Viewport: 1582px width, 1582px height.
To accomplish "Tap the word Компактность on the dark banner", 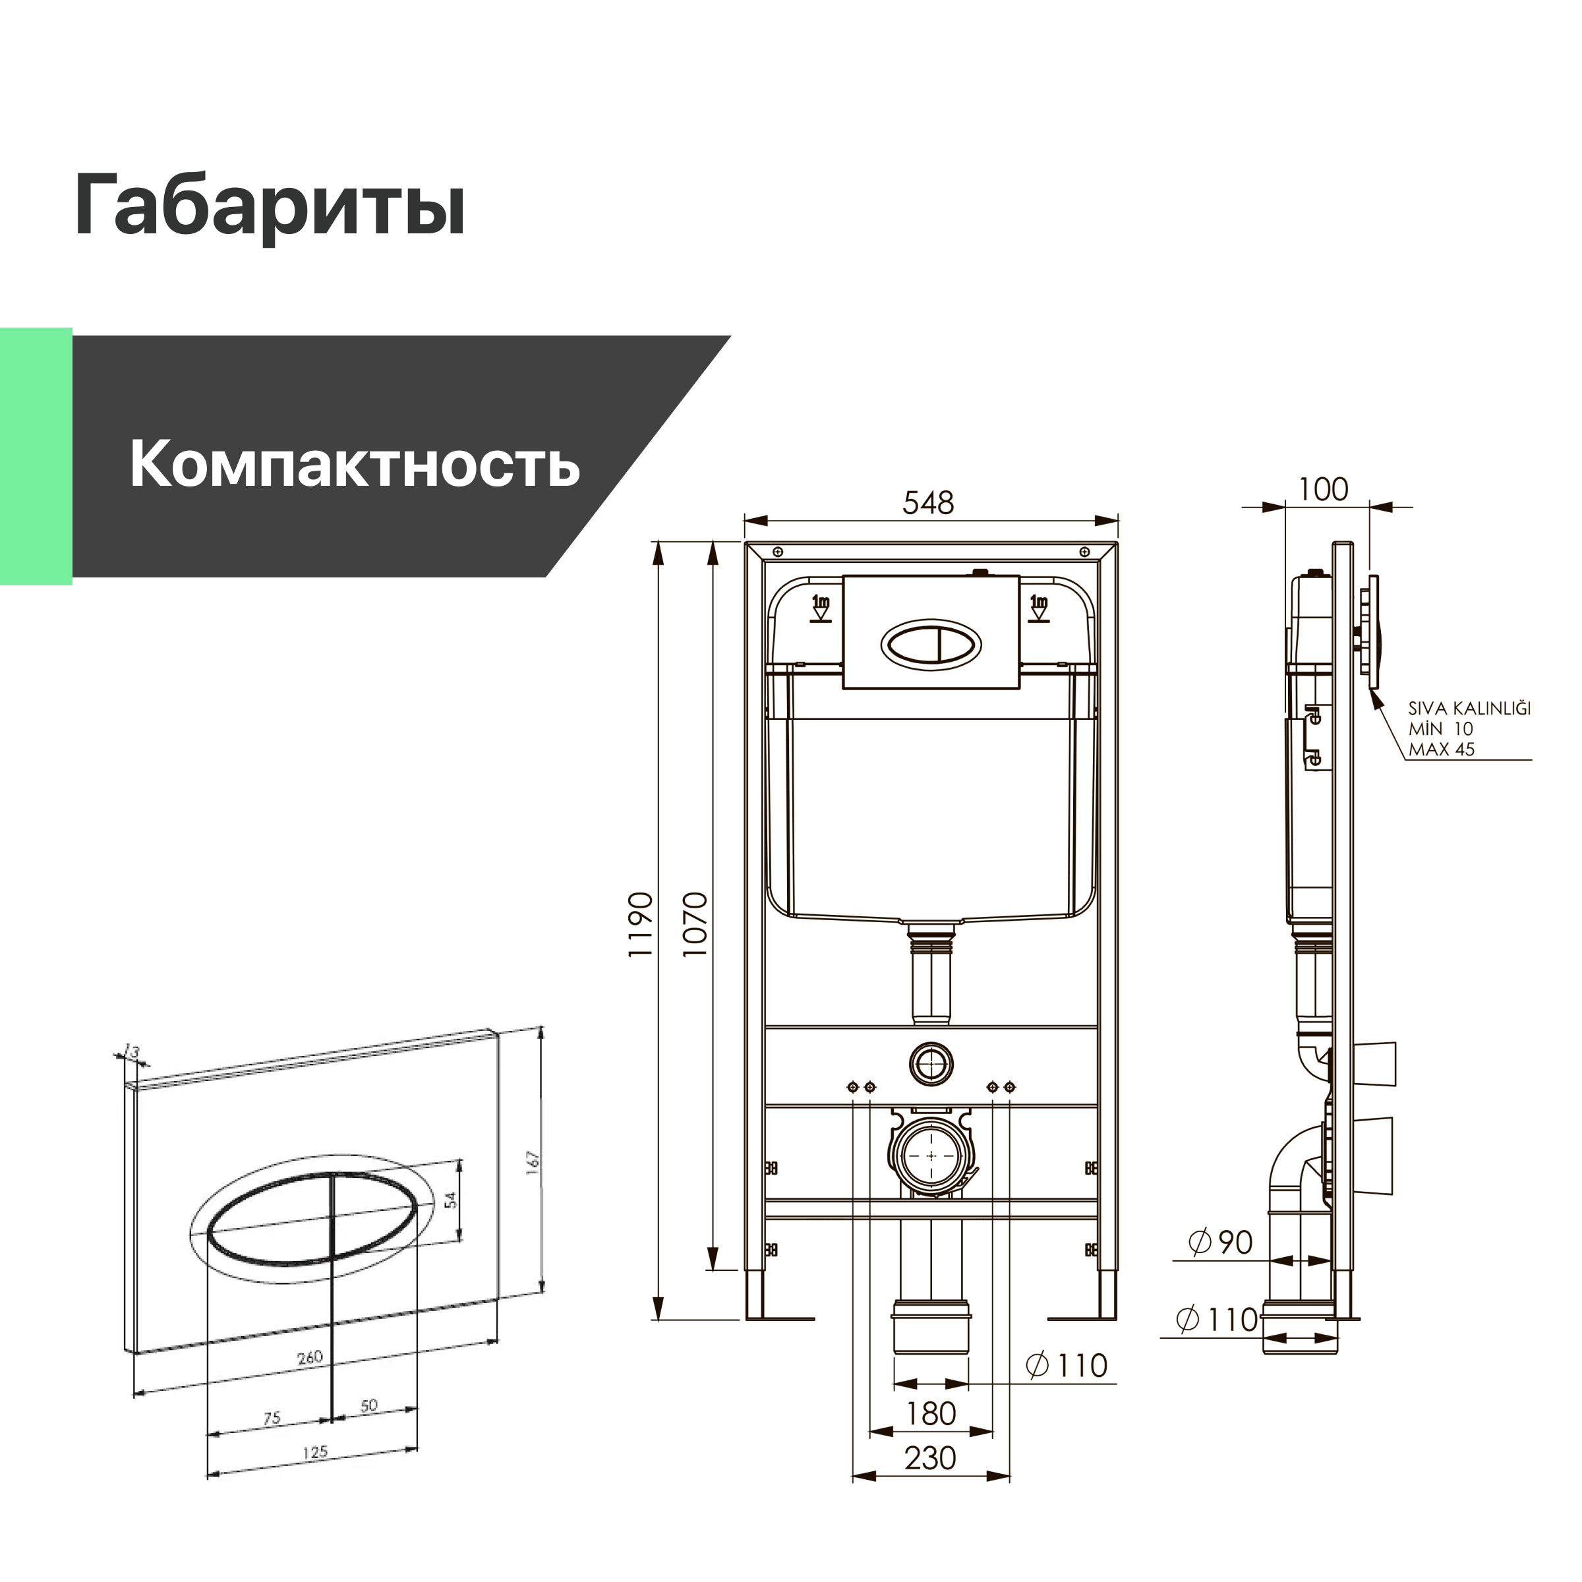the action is click(x=355, y=463).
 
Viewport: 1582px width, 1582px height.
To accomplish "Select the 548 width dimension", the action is click(x=929, y=503).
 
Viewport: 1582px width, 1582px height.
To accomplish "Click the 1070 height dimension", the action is click(x=694, y=924).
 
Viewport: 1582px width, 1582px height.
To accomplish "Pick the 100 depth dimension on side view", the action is click(x=1323, y=490).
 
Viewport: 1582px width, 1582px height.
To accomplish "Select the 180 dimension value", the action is click(x=930, y=1413).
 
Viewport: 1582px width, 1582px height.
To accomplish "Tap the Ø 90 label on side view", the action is click(x=1221, y=1243).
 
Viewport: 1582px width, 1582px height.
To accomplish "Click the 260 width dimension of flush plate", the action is click(x=310, y=1358).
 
